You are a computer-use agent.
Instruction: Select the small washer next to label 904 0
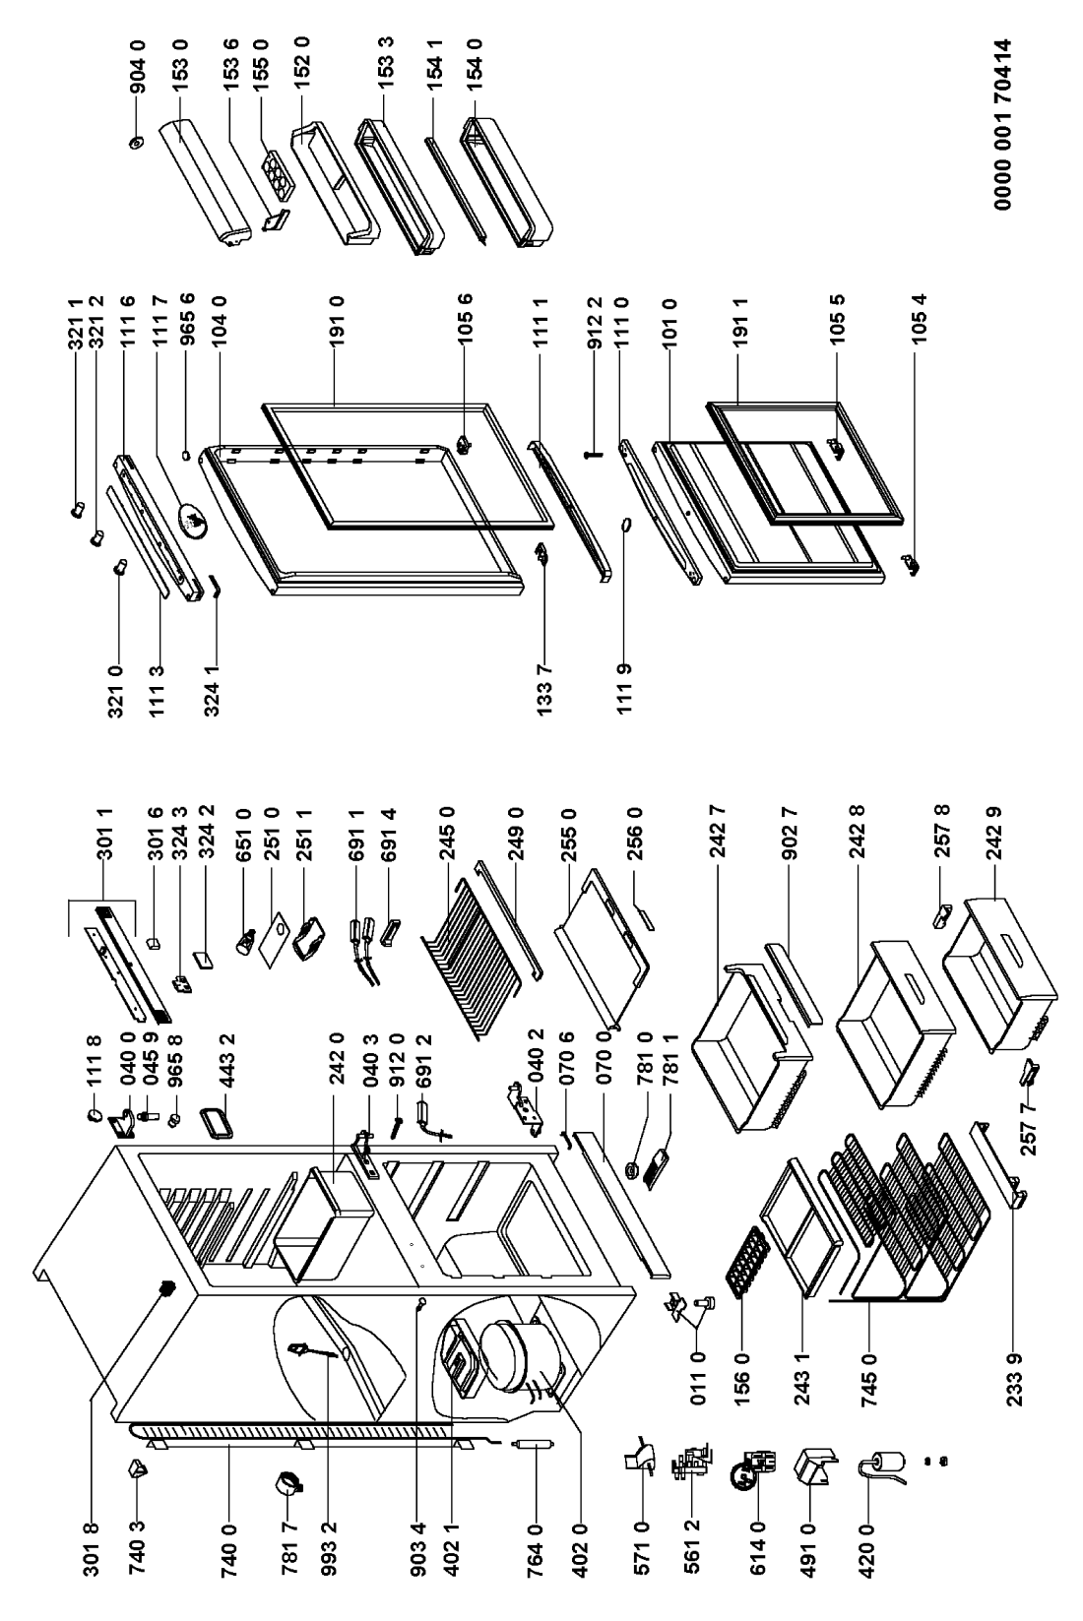[136, 142]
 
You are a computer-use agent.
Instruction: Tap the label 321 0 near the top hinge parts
[117, 690]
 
